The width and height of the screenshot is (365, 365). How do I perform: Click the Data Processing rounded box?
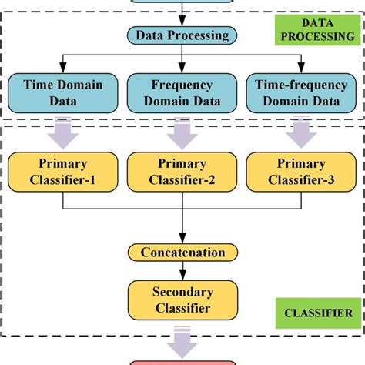(x=182, y=35)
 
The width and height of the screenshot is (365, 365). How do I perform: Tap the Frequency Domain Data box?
(x=182, y=94)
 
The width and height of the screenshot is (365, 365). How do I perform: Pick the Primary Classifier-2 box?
(x=182, y=171)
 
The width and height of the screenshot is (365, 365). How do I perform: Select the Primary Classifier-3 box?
(x=302, y=171)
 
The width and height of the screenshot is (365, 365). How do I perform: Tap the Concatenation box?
(x=182, y=252)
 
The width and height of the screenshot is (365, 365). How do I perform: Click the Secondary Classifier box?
(x=182, y=299)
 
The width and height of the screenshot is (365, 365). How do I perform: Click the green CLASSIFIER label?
(x=316, y=313)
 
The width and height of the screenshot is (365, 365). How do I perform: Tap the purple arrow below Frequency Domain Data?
(x=182, y=132)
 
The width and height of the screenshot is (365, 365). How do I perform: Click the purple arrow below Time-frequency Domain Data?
(x=302, y=132)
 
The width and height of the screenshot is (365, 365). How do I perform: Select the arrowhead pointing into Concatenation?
(x=182, y=239)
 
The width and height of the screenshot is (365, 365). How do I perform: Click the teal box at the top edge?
(x=182, y=2)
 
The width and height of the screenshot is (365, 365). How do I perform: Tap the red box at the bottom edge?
(x=182, y=361)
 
